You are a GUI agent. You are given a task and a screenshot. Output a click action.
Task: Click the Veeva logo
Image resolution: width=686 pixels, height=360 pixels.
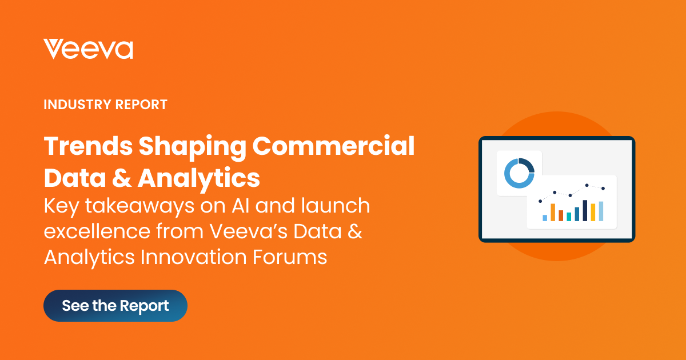88,49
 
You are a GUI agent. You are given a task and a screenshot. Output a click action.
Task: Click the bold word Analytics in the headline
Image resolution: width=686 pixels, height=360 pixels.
198,178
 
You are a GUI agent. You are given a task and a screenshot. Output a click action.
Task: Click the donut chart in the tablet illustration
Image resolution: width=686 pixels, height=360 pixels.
519,173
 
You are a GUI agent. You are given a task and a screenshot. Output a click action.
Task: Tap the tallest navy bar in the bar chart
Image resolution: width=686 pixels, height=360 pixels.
585,210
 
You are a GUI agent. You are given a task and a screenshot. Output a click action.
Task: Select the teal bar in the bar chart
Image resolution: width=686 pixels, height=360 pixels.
569,217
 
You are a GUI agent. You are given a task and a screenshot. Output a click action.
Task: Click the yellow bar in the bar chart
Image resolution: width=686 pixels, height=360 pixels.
593,212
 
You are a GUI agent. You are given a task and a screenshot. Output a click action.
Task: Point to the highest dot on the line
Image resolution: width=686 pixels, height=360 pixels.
587,185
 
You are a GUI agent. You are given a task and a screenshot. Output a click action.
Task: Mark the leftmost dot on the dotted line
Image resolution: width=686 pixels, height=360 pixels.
540,201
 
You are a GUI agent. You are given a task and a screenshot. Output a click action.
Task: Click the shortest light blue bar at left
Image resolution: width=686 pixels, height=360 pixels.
545,218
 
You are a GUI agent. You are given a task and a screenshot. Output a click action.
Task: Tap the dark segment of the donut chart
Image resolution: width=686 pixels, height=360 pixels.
529,165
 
